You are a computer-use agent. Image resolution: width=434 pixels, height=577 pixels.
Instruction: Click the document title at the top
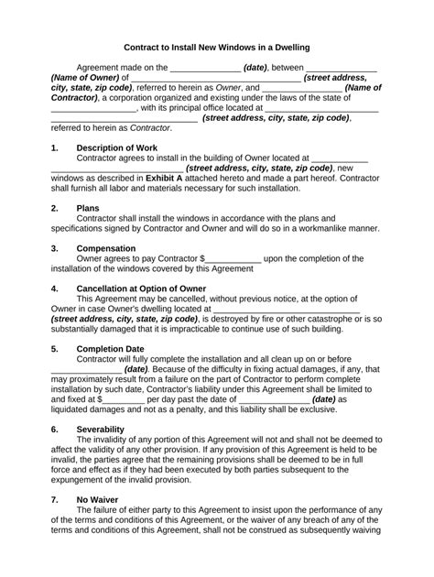217,46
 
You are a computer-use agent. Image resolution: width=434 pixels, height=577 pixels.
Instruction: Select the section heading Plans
88,208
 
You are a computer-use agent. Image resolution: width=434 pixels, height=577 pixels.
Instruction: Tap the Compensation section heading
111,248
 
